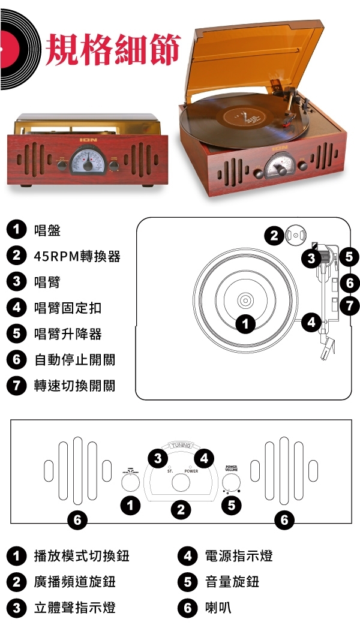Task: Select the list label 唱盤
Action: tap(47, 230)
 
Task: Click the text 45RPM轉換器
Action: tap(77, 256)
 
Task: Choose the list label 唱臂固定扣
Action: tap(68, 308)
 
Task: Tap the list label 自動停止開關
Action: tap(74, 359)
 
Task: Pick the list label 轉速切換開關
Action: tap(74, 386)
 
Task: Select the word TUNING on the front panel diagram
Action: tap(181, 446)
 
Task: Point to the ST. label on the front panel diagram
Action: tap(170, 471)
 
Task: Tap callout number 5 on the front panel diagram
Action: tap(231, 505)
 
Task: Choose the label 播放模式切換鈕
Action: tap(82, 555)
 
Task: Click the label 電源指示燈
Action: tap(239, 555)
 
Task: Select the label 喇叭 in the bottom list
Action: tap(218, 608)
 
